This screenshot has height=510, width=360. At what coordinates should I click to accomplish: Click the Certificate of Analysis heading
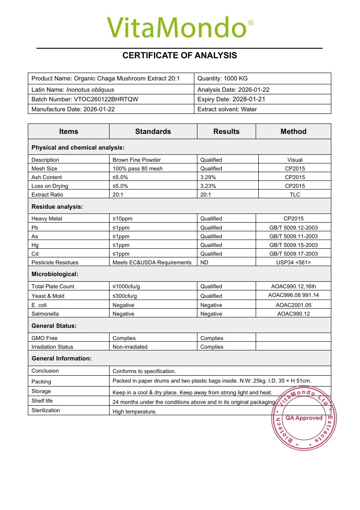point(180,55)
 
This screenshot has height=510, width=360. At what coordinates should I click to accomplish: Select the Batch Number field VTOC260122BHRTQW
point(85,99)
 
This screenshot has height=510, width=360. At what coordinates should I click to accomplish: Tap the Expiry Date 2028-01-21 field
point(231,99)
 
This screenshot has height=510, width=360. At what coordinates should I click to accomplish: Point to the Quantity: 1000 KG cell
point(222,78)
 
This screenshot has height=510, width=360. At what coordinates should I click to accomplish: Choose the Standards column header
point(153,131)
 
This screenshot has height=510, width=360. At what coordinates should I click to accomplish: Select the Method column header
point(293,131)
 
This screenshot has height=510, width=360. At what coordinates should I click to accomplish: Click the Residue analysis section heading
point(57,207)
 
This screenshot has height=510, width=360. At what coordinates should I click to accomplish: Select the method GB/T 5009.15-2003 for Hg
point(293,245)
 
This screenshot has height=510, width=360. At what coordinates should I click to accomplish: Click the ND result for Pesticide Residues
point(204,262)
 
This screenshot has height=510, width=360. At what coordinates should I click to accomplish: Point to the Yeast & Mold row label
point(48,296)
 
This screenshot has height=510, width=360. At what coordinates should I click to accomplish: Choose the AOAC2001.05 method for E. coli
point(293,305)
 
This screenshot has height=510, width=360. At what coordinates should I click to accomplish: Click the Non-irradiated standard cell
point(130,347)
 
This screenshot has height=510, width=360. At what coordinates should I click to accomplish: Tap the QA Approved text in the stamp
point(304,418)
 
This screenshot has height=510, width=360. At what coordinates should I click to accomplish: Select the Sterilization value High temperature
point(134,411)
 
